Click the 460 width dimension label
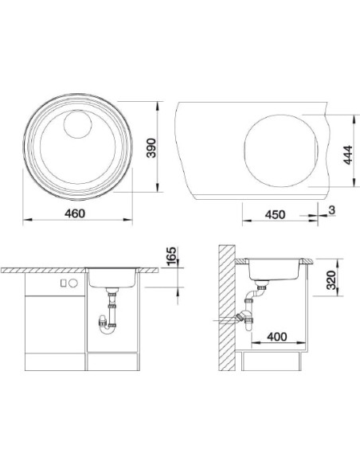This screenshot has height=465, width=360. coord(75,213)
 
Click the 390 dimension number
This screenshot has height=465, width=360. coord(151,148)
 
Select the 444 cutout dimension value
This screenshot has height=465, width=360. coord(348,154)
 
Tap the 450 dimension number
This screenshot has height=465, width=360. coord(276,214)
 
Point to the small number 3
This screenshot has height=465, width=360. coord(332,210)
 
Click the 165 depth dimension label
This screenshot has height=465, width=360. coord(172,256)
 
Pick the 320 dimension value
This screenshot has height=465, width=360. coord(331,280)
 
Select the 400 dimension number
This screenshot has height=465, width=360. coord(277,337)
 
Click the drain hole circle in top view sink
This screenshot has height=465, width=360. coord(77,124)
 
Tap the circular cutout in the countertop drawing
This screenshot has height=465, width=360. coord(281,150)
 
